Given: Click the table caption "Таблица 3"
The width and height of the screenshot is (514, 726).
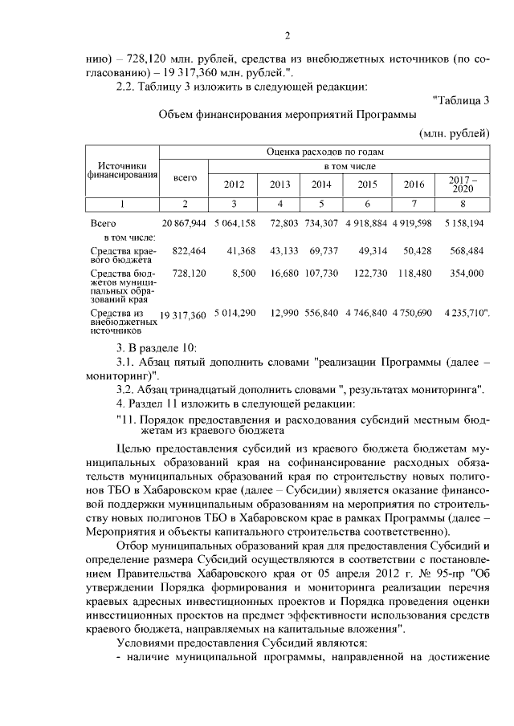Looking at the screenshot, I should click(461, 100).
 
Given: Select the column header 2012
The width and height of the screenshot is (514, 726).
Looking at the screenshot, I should click(233, 184).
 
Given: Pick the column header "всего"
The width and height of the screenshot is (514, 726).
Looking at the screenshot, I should click(185, 176).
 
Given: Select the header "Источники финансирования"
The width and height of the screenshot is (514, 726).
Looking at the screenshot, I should click(123, 170).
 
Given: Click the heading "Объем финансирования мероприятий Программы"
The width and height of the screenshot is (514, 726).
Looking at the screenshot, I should click(285, 115).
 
